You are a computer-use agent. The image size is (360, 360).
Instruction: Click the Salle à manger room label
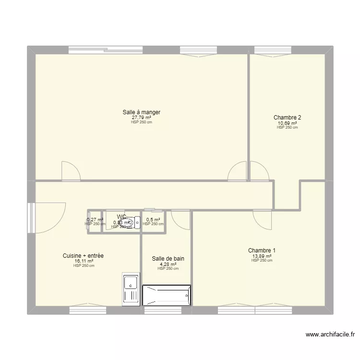click(141, 112)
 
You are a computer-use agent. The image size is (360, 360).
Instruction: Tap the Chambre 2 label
click(287, 117)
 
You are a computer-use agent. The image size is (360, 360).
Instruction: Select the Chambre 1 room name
click(262, 251)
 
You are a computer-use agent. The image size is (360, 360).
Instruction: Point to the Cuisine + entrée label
click(83, 256)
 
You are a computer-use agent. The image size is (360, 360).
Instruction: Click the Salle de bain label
click(168, 259)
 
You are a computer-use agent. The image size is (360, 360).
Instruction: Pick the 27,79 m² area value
click(141, 118)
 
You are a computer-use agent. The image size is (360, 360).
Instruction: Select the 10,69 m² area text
click(287, 123)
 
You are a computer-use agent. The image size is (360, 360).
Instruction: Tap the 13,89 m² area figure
click(262, 256)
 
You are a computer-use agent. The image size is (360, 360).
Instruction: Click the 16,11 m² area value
click(84, 261)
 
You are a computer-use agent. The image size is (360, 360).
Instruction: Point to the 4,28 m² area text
click(168, 264)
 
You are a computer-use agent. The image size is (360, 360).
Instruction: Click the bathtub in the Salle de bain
click(167, 295)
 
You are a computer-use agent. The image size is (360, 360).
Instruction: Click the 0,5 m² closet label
click(153, 220)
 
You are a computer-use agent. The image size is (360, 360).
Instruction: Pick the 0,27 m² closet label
click(95, 220)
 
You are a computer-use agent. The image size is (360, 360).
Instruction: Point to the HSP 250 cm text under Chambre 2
click(287, 128)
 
